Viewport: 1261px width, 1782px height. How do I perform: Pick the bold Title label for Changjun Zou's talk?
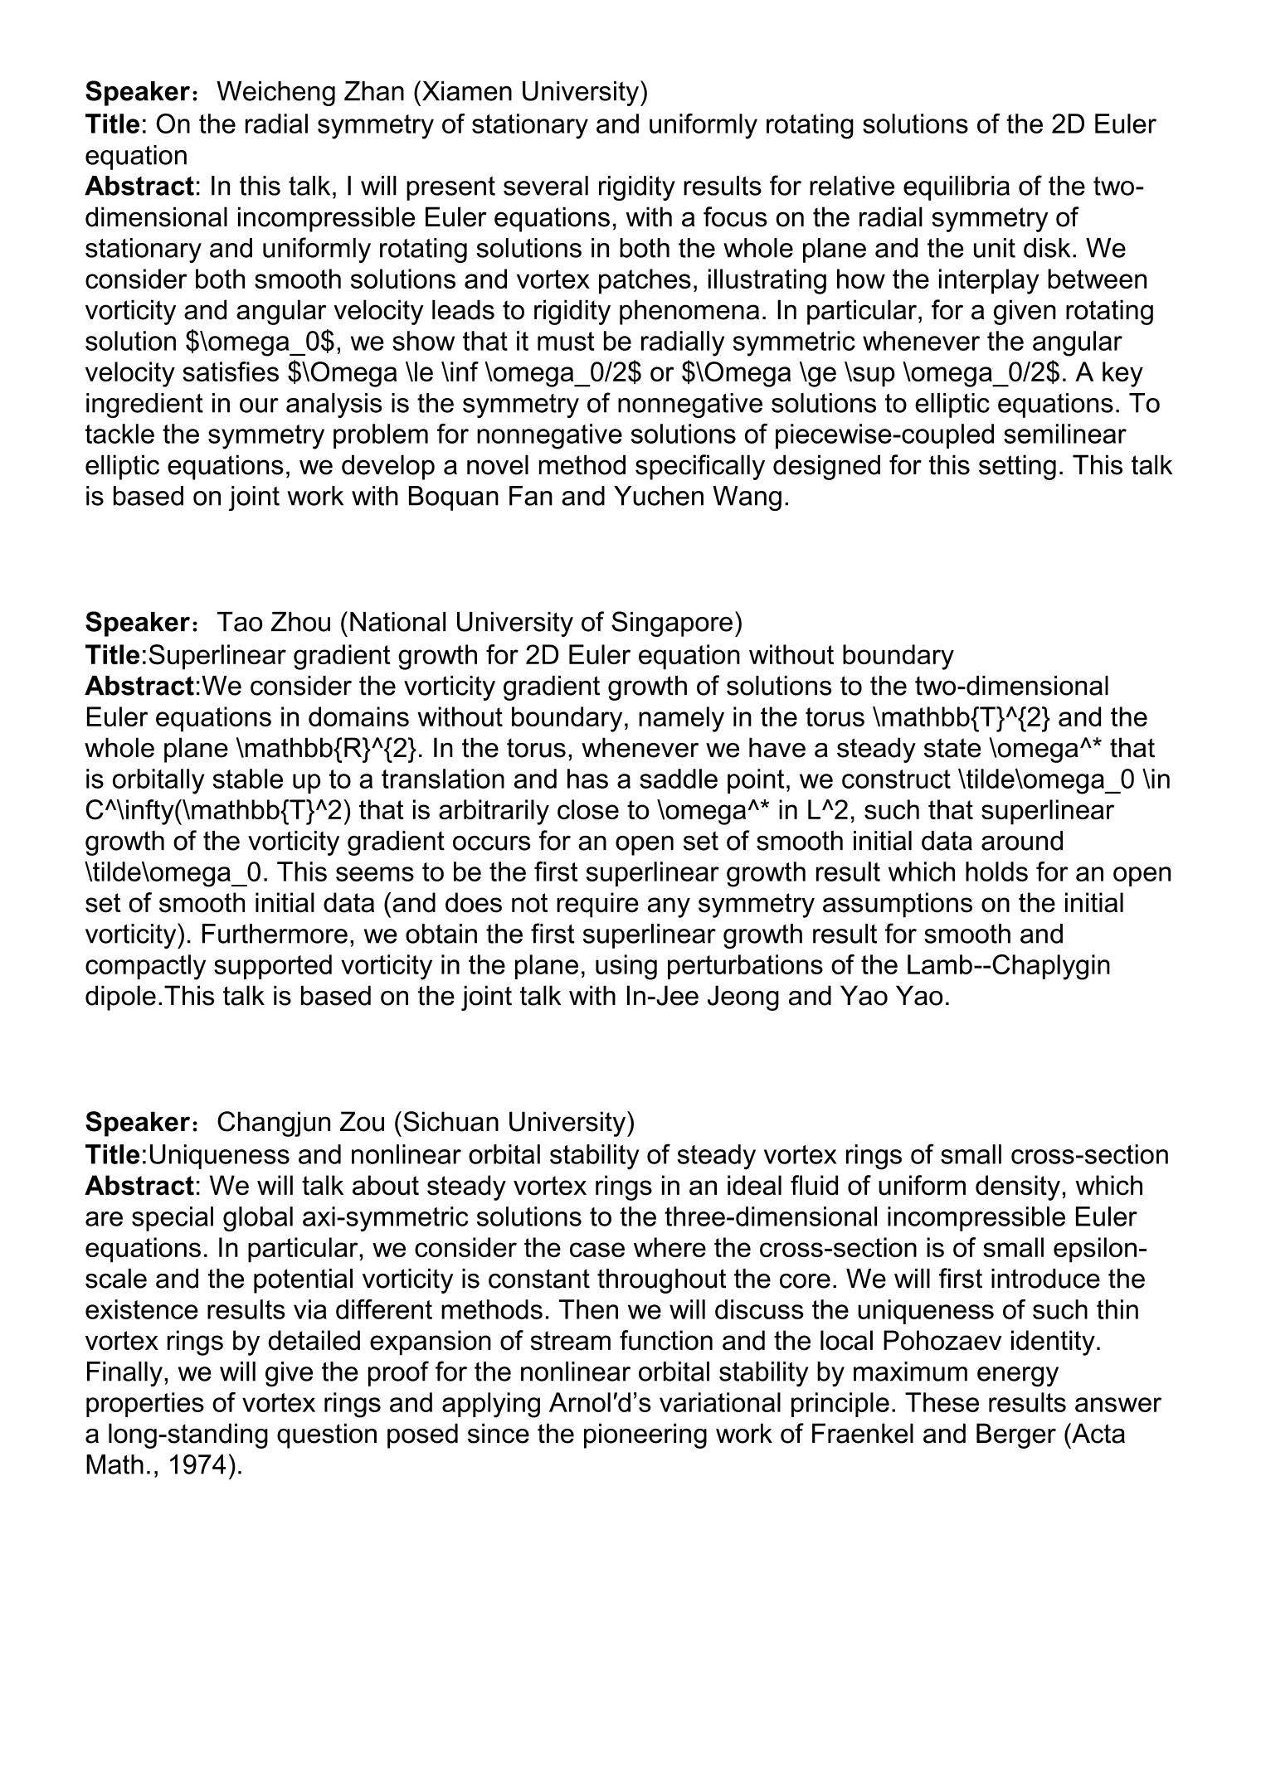[113, 1154]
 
